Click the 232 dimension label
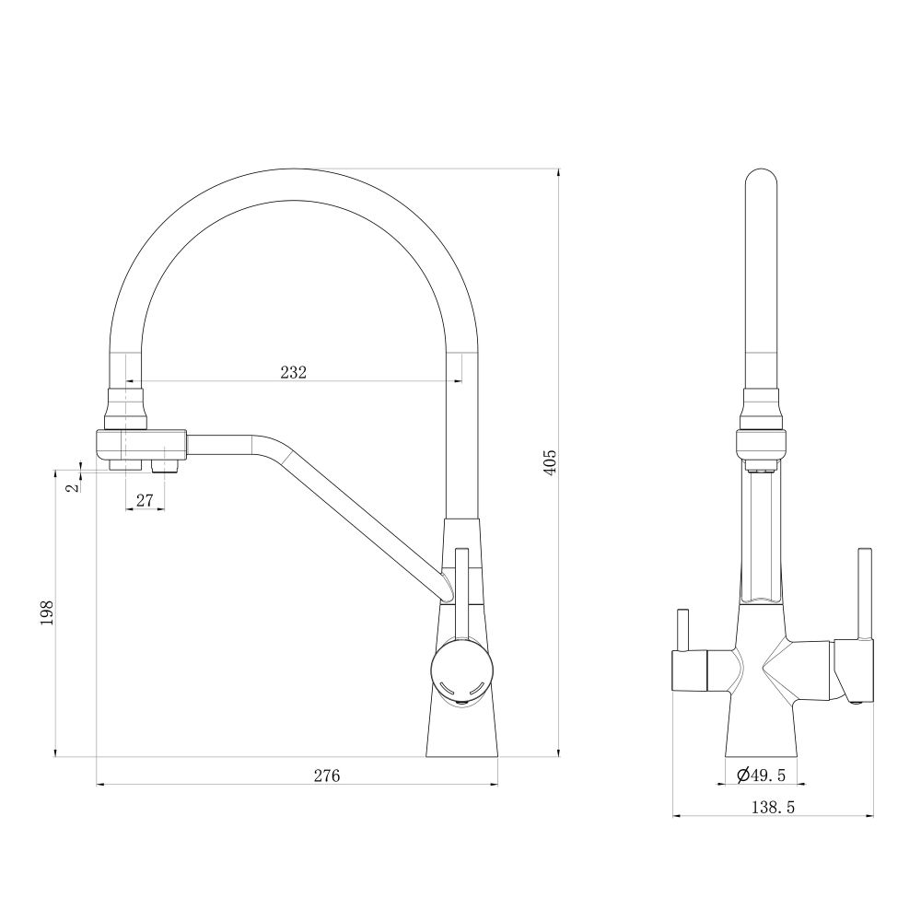click(x=293, y=372)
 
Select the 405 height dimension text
click(x=550, y=463)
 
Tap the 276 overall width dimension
click(x=327, y=775)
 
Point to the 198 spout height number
click(x=47, y=612)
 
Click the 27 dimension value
click(x=145, y=500)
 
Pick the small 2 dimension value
click(x=73, y=487)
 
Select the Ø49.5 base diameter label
click(x=762, y=775)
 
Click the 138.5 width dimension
click(x=773, y=808)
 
